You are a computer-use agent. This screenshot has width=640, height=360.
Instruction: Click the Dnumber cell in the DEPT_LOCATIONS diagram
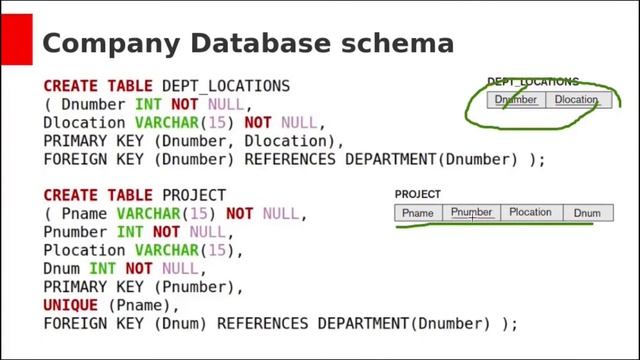point(516,100)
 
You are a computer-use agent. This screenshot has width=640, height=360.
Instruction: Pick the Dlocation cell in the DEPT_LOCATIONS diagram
point(577,100)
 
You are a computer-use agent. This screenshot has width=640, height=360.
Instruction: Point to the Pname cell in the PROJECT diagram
point(417,213)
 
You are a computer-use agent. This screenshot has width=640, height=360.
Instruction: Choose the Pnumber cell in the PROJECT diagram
point(471,213)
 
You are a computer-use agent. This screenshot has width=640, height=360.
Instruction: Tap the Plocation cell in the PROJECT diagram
point(530,213)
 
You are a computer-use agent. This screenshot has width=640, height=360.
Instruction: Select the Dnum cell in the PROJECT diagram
point(587,213)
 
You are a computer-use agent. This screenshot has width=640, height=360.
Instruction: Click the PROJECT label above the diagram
point(417,194)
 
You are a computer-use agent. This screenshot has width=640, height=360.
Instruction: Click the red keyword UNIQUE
point(71,305)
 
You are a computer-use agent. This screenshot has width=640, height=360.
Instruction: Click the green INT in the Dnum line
point(102,268)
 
